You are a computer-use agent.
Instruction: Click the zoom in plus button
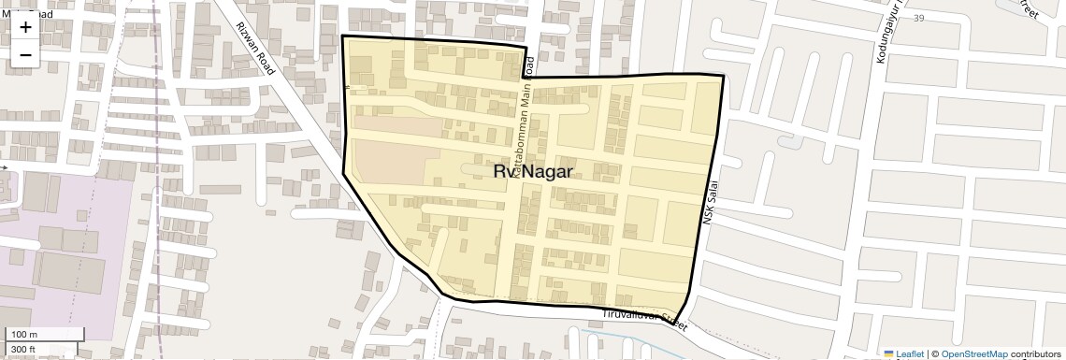tap(25, 27)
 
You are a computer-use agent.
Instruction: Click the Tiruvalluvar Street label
tap(646, 319)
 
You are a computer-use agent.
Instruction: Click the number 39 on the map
tap(918, 19)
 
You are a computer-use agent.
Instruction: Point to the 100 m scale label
tap(24, 335)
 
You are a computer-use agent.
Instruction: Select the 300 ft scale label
tap(24, 350)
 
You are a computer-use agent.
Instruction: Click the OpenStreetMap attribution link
tap(973, 354)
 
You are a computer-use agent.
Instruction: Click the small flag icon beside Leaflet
tap(889, 354)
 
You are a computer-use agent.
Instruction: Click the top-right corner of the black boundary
tap(723, 75)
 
